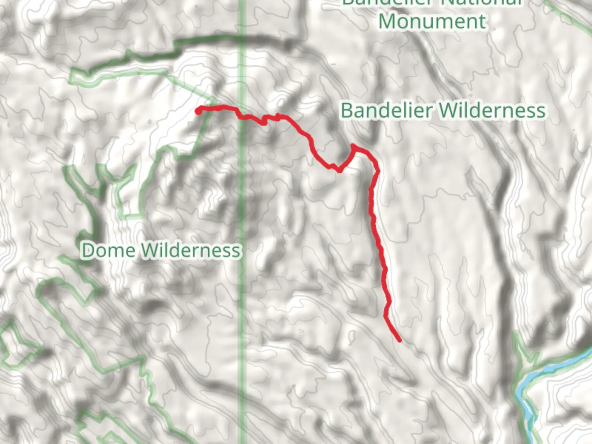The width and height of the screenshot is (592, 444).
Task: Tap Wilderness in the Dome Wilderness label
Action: [x=191, y=250]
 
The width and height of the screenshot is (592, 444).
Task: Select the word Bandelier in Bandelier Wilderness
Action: [x=386, y=110]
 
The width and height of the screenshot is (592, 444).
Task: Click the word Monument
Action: [x=432, y=21]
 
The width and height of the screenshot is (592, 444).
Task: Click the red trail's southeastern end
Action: [x=399, y=340]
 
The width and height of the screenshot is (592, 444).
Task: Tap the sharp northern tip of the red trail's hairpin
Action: [x=353, y=146]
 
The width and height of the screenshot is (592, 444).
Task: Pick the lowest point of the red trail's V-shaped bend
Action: [x=340, y=171]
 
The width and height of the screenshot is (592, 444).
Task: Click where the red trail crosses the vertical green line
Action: [x=242, y=116]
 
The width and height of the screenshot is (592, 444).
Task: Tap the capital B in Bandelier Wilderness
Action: [x=347, y=110]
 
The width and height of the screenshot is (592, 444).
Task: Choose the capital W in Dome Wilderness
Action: [x=150, y=250]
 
